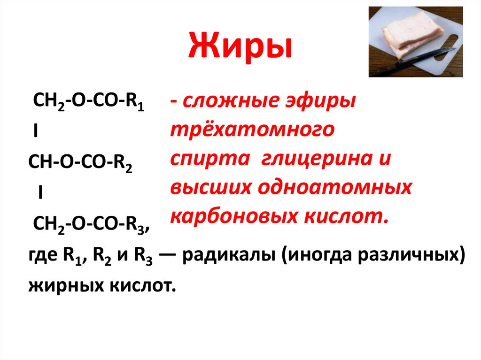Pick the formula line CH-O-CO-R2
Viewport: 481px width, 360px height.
click(x=80, y=162)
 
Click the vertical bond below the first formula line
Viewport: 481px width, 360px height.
click(x=36, y=133)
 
